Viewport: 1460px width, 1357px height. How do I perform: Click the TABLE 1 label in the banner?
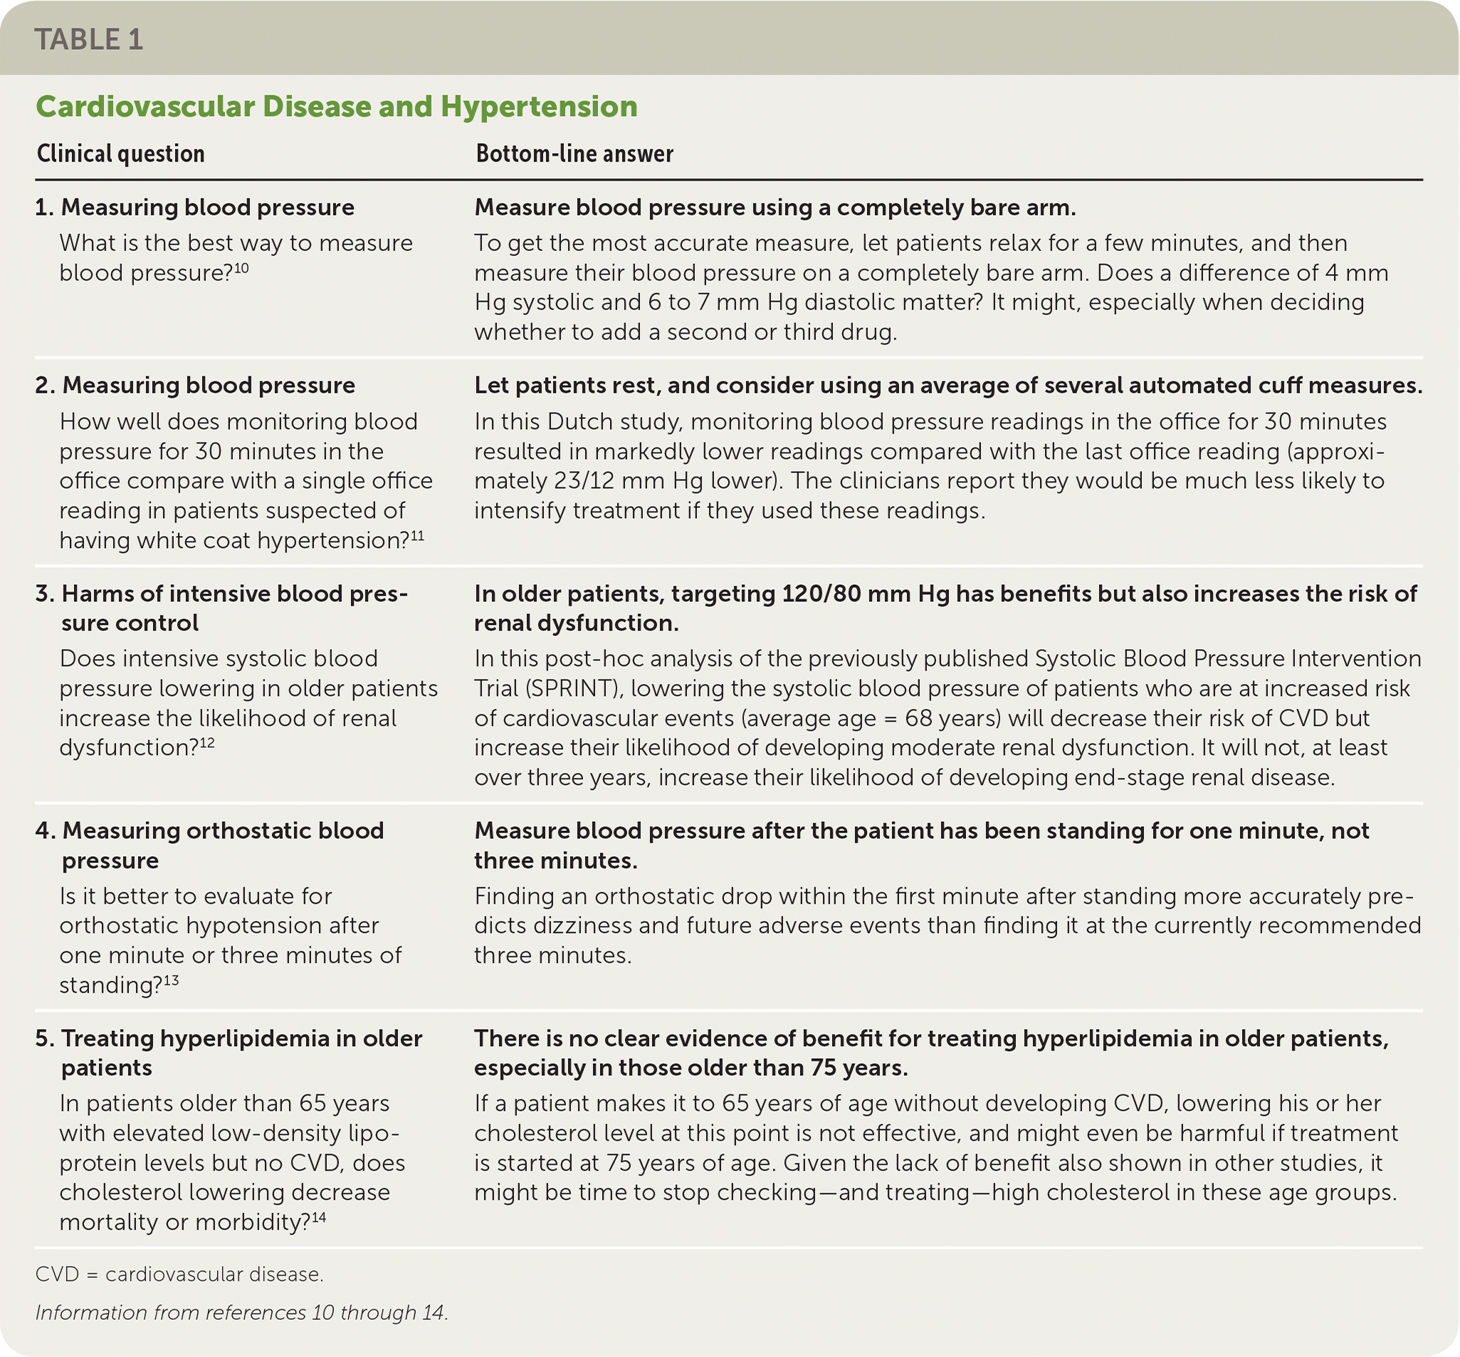pos(89,40)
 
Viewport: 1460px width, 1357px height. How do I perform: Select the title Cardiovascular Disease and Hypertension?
pos(337,107)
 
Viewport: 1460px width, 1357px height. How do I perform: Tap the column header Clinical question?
pos(120,154)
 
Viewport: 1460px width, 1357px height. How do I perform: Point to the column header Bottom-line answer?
pos(574,154)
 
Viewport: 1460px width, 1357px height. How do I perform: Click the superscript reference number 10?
pos(241,268)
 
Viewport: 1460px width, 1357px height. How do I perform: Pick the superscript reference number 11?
pos(417,535)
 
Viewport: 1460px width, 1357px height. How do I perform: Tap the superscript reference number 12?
pos(207,742)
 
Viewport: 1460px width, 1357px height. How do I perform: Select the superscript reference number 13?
pos(170,980)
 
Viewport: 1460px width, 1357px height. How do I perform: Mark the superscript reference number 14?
pos(319,1218)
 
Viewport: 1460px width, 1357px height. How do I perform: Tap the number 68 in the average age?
pos(918,717)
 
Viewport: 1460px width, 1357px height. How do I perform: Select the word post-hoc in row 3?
pos(589,659)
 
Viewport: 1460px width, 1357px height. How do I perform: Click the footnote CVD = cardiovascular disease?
pos(179,1274)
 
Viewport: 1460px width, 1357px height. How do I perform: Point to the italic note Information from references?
pos(241,1312)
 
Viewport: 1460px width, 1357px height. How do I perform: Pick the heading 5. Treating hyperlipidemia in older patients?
pos(229,1052)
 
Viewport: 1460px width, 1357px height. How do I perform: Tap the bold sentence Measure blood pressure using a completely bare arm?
pos(774,208)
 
